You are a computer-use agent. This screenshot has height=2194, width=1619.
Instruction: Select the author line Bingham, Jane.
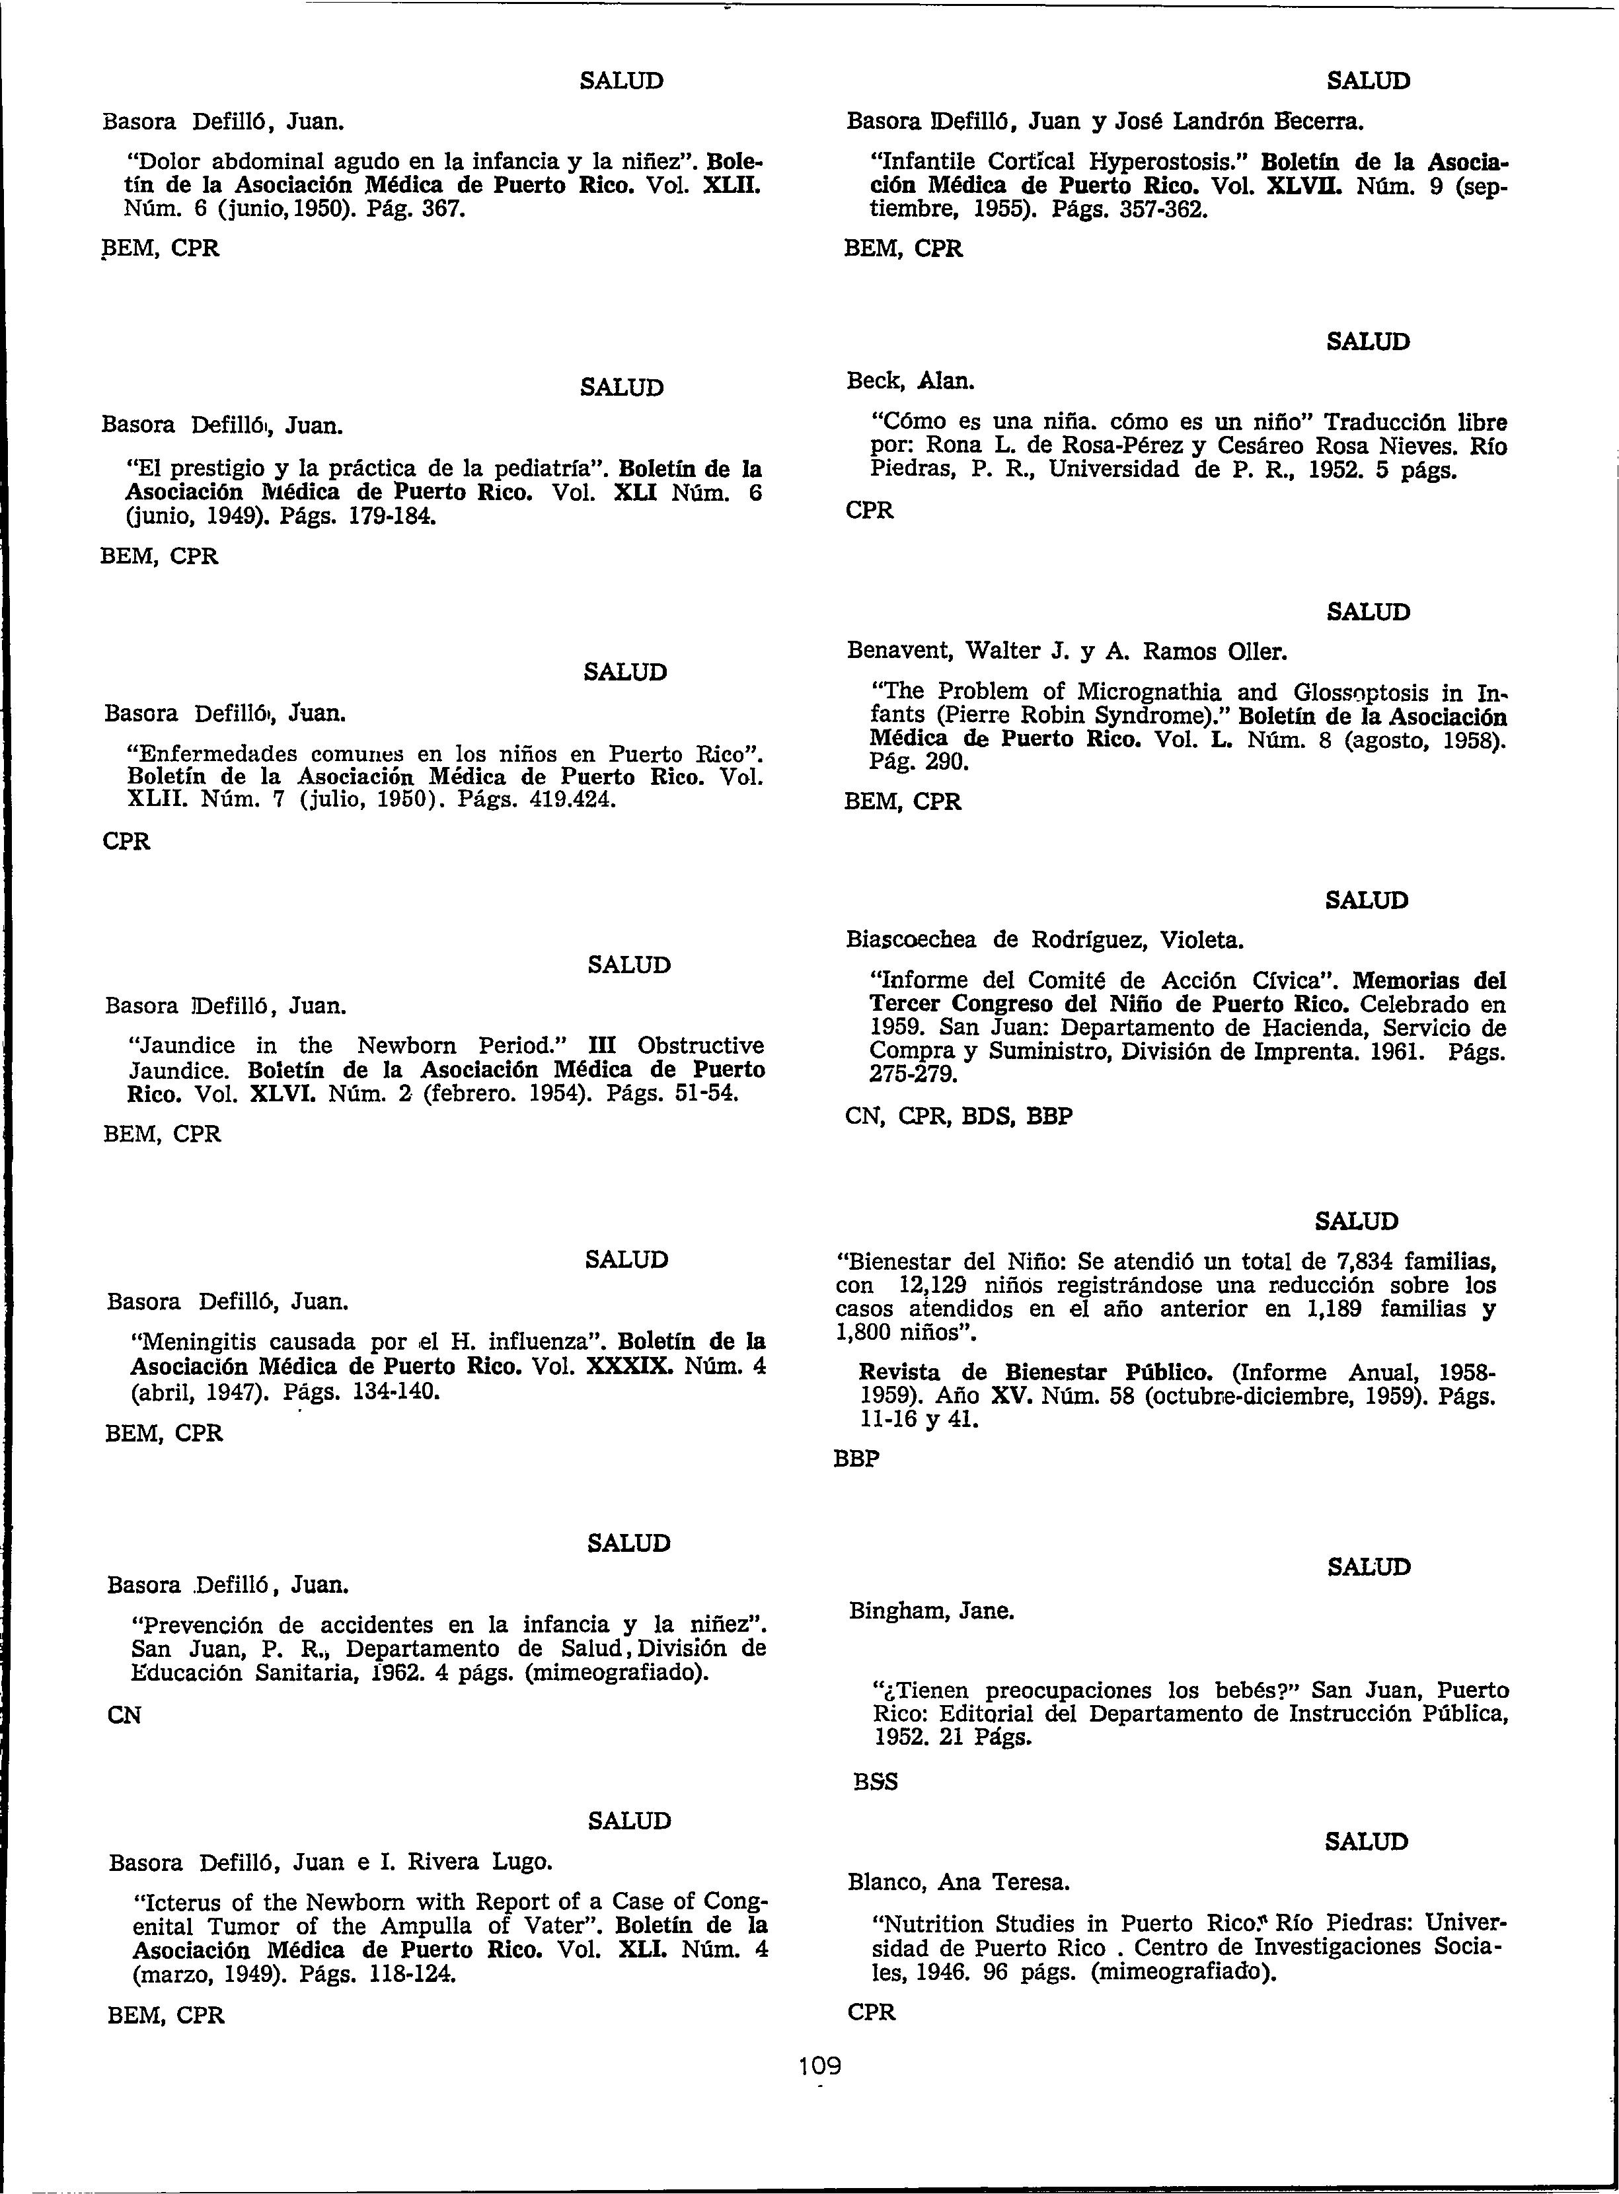point(931,1610)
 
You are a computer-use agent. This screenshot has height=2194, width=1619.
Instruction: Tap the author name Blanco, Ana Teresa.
point(958,1882)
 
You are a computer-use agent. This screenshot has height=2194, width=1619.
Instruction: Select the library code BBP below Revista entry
point(856,1458)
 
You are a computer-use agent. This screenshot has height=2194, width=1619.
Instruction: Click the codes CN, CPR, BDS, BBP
point(958,1116)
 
